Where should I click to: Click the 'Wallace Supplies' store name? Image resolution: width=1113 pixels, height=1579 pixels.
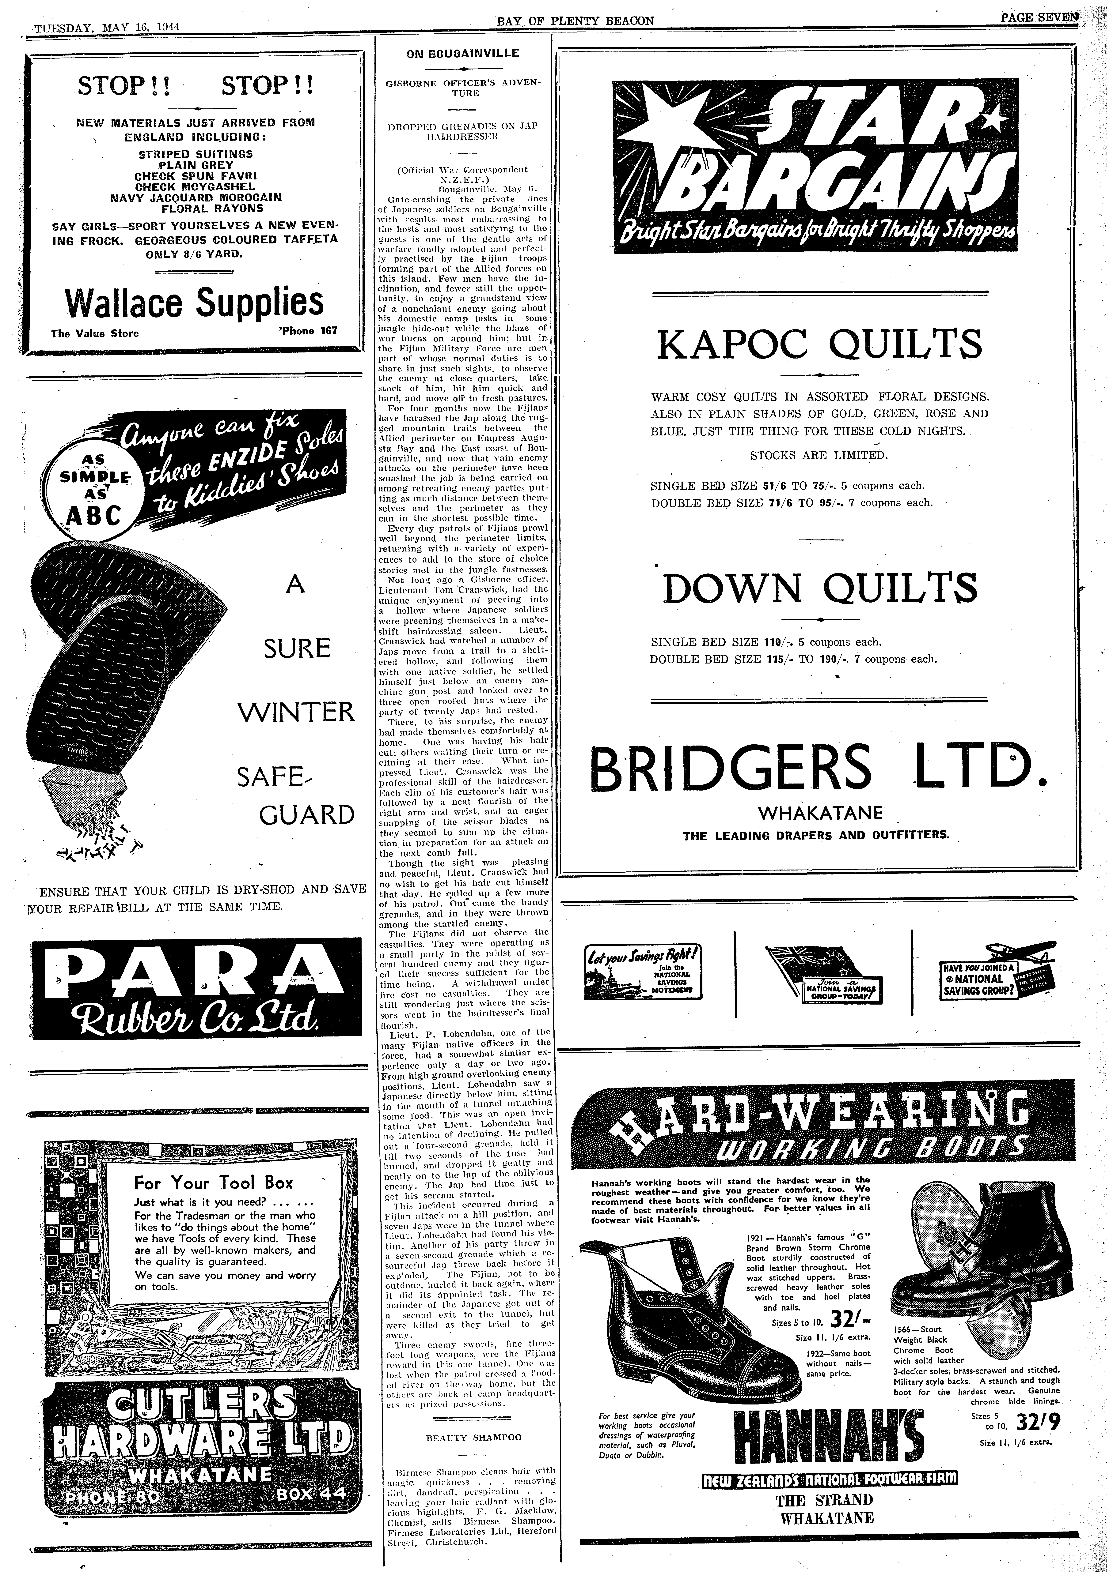[x=194, y=303]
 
